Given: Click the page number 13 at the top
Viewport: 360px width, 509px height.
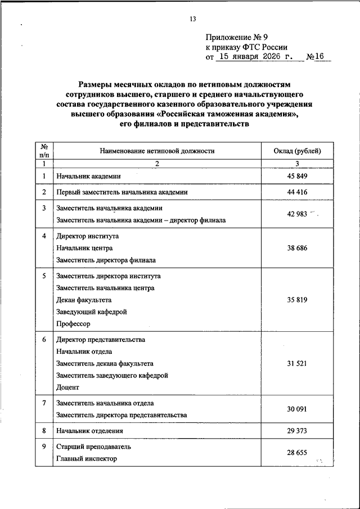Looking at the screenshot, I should tap(192, 19).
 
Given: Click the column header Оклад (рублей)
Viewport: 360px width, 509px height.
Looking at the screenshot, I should tap(297, 151).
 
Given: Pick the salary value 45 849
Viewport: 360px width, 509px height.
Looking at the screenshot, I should tap(297, 176).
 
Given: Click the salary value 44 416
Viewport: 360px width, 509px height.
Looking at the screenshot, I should tap(297, 192).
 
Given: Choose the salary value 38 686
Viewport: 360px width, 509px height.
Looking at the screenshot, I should tap(297, 248).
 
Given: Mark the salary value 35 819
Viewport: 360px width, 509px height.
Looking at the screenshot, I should tap(297, 300).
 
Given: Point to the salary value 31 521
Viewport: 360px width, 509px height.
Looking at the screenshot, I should tap(297, 364).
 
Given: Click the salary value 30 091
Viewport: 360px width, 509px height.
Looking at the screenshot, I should tap(297, 409).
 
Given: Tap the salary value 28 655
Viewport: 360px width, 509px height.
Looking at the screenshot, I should tap(297, 452).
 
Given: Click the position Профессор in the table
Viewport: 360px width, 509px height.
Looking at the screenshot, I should tap(73, 324).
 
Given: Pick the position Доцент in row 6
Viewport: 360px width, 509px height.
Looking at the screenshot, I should tap(68, 388).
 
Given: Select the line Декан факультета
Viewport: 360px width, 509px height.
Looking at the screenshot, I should tap(84, 300).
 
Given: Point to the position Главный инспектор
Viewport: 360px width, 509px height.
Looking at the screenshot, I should tap(87, 459).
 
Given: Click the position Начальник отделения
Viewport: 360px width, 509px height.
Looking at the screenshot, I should tap(89, 431).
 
